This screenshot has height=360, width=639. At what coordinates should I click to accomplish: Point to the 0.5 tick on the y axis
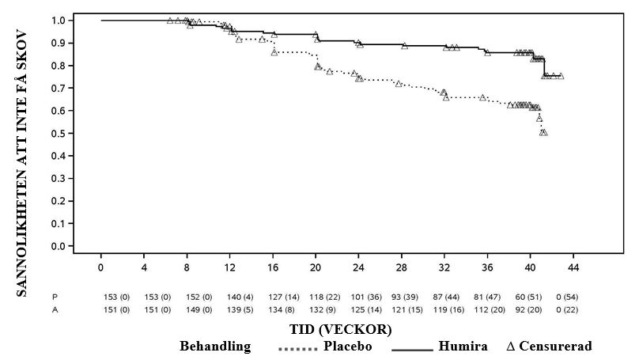pos(59,133)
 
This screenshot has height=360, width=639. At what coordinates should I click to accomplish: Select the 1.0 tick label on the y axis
pos(59,20)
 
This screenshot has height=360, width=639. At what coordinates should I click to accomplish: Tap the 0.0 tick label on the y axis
pos(59,246)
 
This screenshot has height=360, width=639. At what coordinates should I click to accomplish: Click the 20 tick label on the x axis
pos(316,269)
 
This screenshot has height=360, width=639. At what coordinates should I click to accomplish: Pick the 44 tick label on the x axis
pos(573,269)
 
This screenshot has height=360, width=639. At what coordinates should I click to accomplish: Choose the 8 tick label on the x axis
pos(187,269)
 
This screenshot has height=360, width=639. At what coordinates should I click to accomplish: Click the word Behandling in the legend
pos(215,347)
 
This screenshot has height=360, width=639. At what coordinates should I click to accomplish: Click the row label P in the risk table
pos(55,297)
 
